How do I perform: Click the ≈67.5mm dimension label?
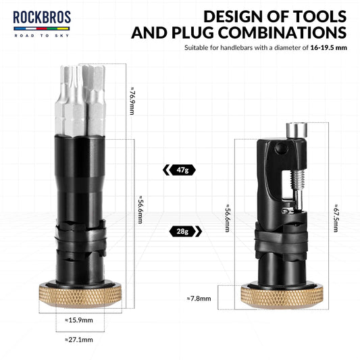[336, 217]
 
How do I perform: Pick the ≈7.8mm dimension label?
[199, 298]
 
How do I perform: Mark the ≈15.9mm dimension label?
[80, 319]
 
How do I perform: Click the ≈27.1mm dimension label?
[79, 339]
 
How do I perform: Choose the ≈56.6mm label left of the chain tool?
[228, 218]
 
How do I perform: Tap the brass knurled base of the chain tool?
[282, 296]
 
